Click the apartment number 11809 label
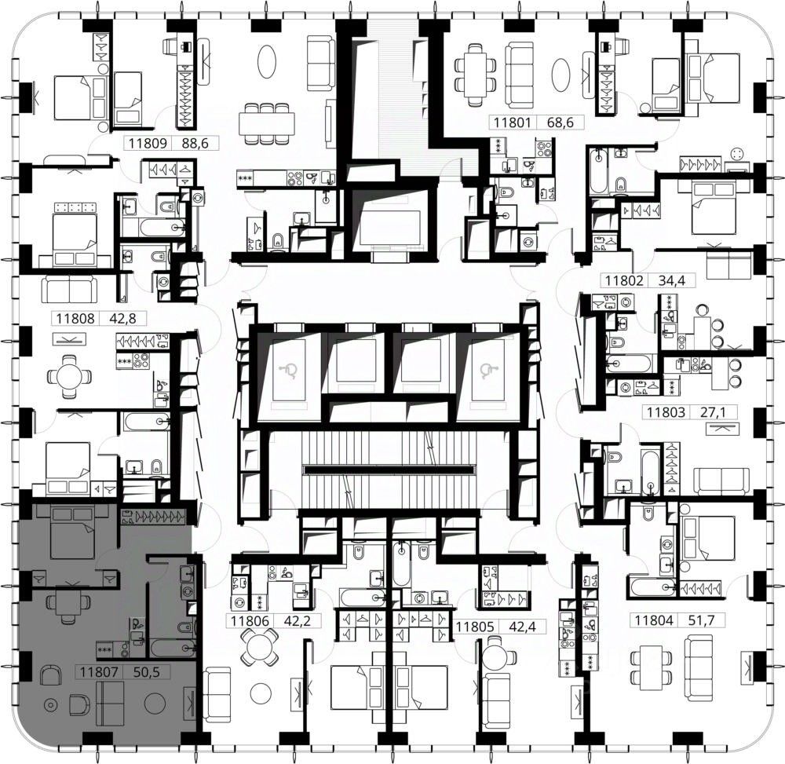(x=148, y=144)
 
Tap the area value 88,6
(x=195, y=144)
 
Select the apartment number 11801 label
(x=512, y=122)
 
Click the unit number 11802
(x=624, y=280)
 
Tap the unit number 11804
(x=654, y=621)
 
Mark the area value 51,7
(x=701, y=621)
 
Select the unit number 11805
(x=475, y=627)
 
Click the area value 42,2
(x=298, y=621)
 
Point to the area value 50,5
(x=147, y=672)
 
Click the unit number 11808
(x=75, y=319)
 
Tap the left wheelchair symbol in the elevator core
(x=290, y=370)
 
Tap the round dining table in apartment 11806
(x=258, y=647)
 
